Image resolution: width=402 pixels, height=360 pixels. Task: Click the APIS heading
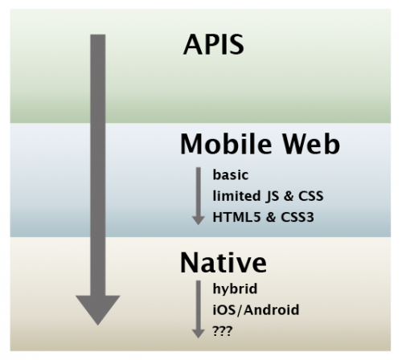click(x=214, y=44)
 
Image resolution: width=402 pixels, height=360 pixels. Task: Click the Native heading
click(x=224, y=262)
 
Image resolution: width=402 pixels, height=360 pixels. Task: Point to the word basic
click(x=231, y=175)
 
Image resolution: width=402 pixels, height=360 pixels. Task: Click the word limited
click(x=236, y=196)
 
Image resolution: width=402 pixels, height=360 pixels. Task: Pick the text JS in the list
click(x=272, y=196)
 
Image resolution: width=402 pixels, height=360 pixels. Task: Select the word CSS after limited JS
click(x=311, y=196)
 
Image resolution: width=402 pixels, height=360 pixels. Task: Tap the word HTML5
click(x=236, y=217)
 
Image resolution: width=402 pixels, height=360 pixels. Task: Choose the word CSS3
click(x=297, y=217)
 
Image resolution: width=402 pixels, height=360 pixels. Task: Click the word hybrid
click(x=235, y=288)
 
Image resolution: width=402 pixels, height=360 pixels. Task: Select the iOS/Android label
click(x=256, y=310)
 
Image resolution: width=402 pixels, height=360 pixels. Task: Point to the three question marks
click(x=222, y=331)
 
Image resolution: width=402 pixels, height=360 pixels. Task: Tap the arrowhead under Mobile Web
click(x=199, y=220)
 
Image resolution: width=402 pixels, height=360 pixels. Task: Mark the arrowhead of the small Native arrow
click(x=199, y=333)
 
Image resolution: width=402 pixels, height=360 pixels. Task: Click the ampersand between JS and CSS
click(x=289, y=196)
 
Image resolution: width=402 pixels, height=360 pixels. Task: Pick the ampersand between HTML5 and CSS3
click(x=271, y=217)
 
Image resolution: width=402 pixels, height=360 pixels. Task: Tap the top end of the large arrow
click(x=98, y=35)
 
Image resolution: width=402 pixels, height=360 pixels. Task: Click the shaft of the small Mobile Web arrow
click(x=199, y=191)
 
